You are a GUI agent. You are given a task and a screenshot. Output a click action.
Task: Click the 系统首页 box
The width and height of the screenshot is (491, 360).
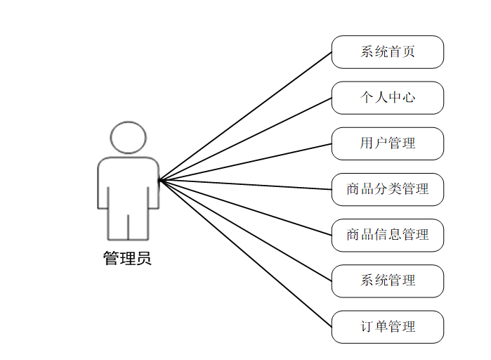point(387,52)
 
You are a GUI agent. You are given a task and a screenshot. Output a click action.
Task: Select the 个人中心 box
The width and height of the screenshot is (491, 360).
point(387,98)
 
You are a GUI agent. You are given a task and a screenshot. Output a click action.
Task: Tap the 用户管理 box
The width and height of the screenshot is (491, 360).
point(387,143)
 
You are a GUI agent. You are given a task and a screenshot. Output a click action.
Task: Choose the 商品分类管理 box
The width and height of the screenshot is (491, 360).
point(387,189)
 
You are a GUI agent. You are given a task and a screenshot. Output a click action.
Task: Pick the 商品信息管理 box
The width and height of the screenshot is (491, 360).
point(387,235)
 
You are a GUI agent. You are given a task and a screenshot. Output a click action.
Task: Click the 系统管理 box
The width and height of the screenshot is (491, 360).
point(387,281)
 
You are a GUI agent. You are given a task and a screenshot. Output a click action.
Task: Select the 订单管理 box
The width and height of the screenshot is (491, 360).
point(387,326)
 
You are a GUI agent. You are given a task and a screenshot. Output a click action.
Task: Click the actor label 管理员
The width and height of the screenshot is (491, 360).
point(127,259)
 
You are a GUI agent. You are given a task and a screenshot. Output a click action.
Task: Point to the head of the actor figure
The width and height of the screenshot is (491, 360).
point(129,138)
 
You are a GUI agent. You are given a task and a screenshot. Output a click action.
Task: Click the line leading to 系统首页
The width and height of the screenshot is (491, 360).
point(246,115)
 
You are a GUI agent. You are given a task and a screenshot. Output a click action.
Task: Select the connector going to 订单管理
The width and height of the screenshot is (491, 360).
point(246,254)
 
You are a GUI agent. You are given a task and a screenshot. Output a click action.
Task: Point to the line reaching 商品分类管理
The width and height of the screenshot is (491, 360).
point(246,185)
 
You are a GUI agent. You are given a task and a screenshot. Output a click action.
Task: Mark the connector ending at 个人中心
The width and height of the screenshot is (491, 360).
point(246,139)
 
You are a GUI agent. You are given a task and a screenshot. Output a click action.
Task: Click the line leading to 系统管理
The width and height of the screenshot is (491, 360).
point(246,231)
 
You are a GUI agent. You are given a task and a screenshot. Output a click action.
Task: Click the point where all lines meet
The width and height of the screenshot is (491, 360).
point(160,180)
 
